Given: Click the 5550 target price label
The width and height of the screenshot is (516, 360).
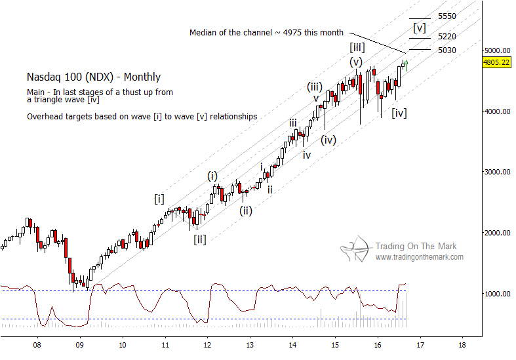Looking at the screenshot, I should point(447,16).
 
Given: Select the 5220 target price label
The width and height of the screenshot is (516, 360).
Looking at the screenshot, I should point(447,37).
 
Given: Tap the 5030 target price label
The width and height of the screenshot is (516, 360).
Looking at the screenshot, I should point(447,50).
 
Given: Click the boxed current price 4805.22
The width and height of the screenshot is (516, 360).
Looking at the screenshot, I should point(496,62).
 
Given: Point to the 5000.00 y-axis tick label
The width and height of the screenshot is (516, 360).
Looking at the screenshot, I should point(498,50).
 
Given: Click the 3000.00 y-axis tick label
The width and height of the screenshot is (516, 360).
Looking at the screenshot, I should point(498,172).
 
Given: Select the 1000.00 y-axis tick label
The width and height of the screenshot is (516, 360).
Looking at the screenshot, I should point(498,294).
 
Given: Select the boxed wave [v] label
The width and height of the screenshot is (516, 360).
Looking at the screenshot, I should point(420,28).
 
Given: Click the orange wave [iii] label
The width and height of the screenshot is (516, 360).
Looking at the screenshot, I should point(358,47).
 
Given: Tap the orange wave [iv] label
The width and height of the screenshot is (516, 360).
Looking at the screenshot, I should point(399,113).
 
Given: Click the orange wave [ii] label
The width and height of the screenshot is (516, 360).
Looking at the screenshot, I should point(200,239).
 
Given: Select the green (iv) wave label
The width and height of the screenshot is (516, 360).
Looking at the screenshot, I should point(329,140).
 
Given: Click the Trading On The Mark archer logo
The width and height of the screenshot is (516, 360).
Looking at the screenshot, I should point(355,251).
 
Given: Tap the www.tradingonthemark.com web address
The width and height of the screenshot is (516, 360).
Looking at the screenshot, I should point(419,257).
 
